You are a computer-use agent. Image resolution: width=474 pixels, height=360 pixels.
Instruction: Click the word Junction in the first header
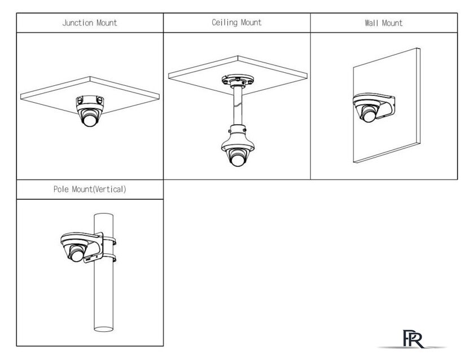point(78,23)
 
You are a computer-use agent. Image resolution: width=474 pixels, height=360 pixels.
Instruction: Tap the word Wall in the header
point(371,23)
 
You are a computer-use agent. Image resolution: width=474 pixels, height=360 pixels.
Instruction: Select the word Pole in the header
point(61,189)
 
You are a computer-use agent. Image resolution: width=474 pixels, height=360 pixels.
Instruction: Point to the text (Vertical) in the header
point(109,190)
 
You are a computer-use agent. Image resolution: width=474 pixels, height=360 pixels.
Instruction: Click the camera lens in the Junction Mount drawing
point(90,120)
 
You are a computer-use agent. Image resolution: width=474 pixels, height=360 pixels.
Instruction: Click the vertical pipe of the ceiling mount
point(238,106)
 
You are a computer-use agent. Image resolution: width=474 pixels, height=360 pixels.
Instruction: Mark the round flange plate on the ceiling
point(238,80)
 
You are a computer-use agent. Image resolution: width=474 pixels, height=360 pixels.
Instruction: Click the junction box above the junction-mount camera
point(90,100)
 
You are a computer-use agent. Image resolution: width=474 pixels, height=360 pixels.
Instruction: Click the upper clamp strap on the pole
point(109,241)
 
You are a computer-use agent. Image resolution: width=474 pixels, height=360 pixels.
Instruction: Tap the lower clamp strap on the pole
point(109,258)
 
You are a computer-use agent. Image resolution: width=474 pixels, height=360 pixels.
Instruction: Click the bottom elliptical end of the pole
point(103,329)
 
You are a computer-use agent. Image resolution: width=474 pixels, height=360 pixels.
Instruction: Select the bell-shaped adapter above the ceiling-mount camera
point(238,138)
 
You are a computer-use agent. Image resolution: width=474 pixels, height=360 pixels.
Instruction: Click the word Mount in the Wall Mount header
point(392,23)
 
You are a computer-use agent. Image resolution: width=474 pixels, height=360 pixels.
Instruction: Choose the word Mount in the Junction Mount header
point(107,23)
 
